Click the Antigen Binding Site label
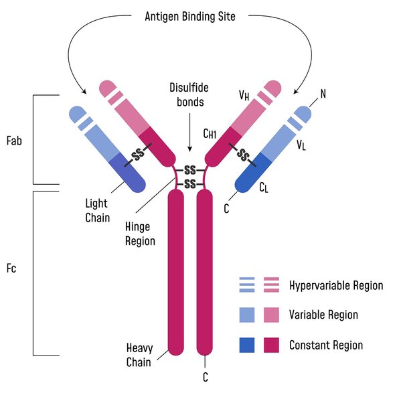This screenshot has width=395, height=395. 190,17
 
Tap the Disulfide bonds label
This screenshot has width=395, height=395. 189,95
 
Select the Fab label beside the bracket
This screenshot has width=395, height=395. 14,141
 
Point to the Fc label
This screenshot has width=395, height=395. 11,268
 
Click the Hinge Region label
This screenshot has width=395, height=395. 140,234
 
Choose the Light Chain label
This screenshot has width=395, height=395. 98,211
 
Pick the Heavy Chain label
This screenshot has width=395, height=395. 139,355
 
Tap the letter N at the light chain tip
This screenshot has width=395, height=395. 323,94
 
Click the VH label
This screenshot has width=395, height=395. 244,96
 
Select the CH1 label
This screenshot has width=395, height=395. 210,133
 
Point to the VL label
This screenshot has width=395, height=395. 301,145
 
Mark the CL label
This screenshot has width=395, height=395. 264,187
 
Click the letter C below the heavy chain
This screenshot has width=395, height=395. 206,377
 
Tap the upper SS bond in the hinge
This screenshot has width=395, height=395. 190,170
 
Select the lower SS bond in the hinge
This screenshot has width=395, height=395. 190,184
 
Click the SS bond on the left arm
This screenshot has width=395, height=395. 138,155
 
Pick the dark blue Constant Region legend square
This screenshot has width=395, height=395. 247,345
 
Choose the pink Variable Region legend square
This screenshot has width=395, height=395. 271,315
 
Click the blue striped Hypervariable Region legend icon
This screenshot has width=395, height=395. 247,285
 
